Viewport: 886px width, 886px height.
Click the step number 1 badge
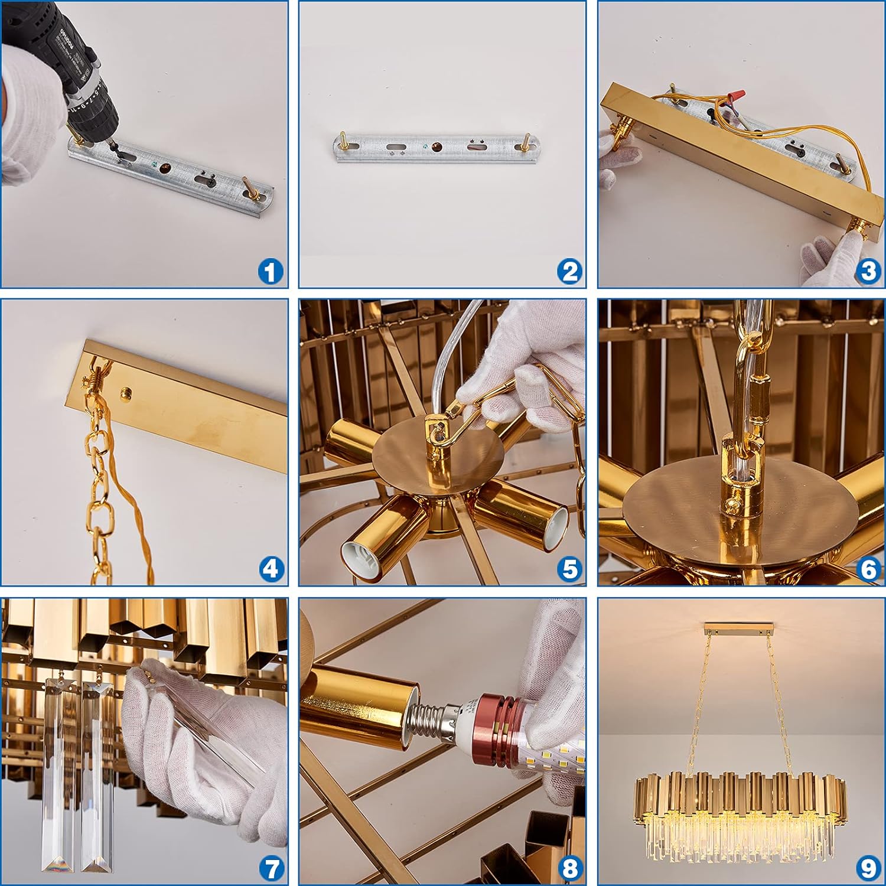271,272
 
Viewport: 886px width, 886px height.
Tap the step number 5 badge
570,569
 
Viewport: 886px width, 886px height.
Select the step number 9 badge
868,868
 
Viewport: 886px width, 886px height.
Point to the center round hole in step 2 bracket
437,146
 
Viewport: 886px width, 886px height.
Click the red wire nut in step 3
735,95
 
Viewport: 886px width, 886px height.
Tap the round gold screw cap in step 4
125,393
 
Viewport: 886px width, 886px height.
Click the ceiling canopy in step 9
739,626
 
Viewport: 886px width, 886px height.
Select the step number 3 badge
868,271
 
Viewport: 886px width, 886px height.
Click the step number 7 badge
271,868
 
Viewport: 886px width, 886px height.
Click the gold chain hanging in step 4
97,473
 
